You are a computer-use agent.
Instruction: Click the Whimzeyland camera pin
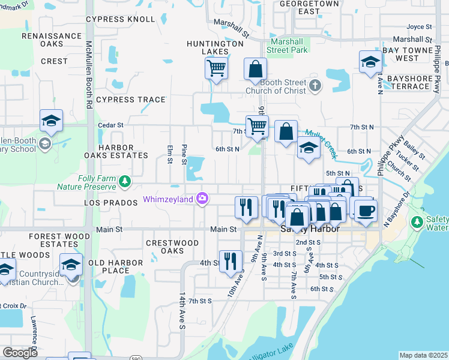(203, 199)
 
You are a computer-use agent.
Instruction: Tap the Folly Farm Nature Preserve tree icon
(124, 181)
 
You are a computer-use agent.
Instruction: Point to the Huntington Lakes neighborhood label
(215, 48)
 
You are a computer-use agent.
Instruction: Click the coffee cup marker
(366, 211)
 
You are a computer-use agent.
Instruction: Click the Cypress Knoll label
(120, 19)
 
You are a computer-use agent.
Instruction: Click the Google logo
(20, 352)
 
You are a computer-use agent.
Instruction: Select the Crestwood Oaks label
(172, 247)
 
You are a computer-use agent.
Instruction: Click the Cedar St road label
(110, 125)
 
